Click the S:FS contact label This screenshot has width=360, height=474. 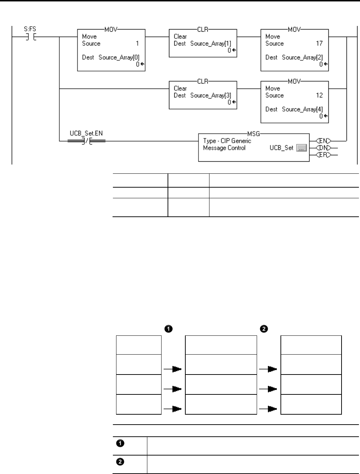(x=30, y=29)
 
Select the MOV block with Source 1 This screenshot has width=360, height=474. (x=111, y=50)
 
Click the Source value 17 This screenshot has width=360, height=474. (x=319, y=43)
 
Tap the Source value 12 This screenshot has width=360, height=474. (x=319, y=95)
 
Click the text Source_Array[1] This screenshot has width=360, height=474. (x=211, y=43)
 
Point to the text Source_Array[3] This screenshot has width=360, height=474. (x=211, y=95)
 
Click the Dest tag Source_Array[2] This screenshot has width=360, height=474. (x=302, y=57)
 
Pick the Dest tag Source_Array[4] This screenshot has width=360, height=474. (x=302, y=109)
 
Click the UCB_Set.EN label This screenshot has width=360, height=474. (x=86, y=134)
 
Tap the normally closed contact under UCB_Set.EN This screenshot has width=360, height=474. (x=86, y=141)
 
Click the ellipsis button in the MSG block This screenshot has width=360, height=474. (x=301, y=148)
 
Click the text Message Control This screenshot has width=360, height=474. (x=224, y=148)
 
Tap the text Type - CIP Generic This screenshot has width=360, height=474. (x=227, y=141)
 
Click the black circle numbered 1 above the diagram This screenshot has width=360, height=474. (x=168, y=329)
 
